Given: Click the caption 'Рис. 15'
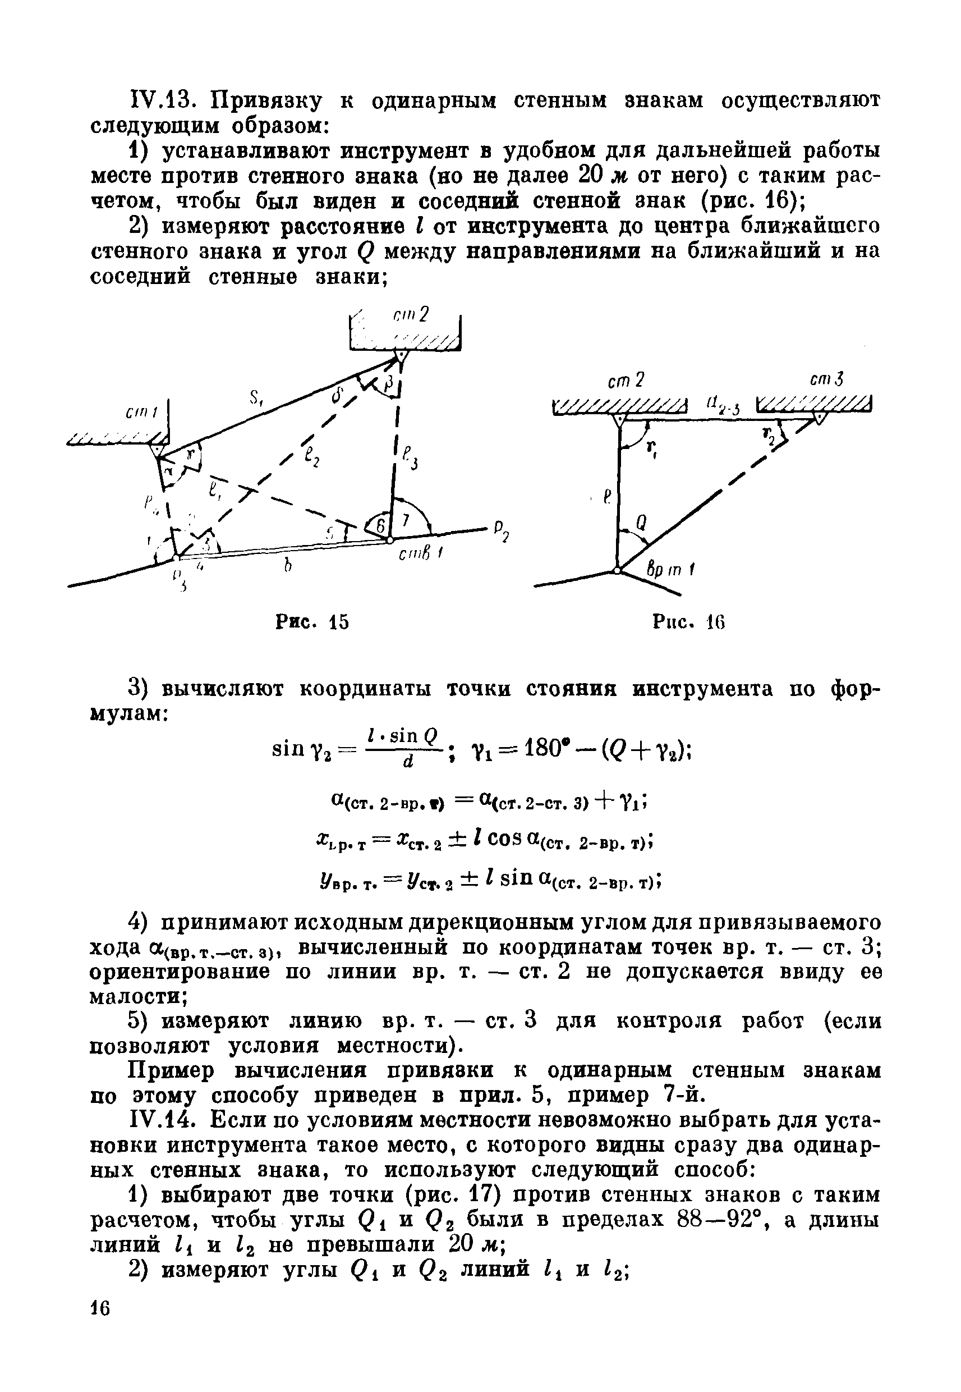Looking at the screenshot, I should pos(312,621).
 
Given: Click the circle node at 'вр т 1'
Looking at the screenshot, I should pos(618,570).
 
